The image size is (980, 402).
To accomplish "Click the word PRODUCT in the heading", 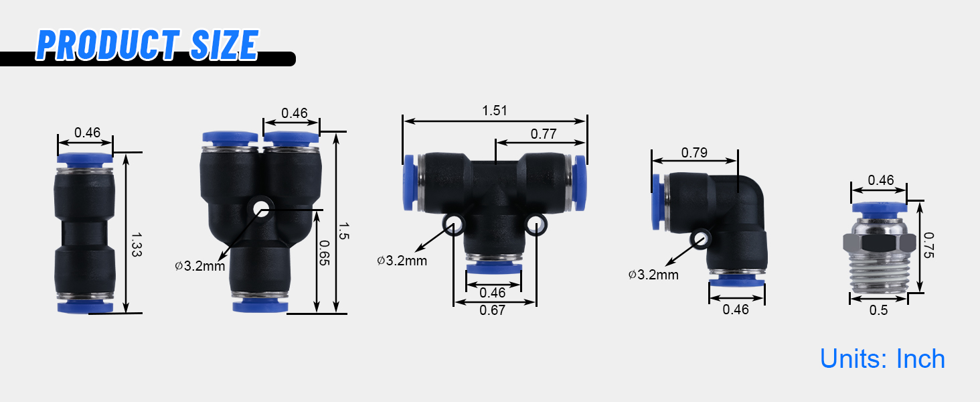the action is [x=108, y=45].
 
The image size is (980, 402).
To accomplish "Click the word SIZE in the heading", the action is [x=225, y=45].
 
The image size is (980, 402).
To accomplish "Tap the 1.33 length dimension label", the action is [x=137, y=245].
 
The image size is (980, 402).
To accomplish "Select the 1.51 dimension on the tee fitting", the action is [x=495, y=111].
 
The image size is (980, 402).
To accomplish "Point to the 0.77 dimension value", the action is [x=544, y=133].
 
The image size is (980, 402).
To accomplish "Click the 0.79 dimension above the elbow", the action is [x=694, y=152].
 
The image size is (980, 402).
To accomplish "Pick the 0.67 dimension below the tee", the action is [x=492, y=310].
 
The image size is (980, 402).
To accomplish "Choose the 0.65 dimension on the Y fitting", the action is [x=324, y=253].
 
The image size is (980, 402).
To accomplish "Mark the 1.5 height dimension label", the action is [x=344, y=230].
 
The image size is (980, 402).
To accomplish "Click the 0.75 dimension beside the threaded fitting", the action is [x=928, y=245].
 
